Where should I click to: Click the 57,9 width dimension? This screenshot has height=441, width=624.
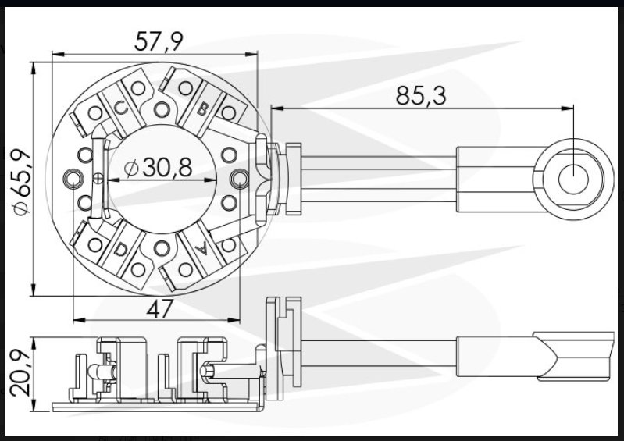159,41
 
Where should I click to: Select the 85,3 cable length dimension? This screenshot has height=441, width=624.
421,96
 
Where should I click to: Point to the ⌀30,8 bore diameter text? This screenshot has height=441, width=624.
158,167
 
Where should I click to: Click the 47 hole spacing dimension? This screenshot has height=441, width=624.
160,309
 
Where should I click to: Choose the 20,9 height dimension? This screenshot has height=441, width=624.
20,373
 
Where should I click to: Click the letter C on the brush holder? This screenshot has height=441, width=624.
121,107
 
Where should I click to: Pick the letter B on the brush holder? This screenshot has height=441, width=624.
203,108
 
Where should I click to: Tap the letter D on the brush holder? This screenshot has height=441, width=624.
119,250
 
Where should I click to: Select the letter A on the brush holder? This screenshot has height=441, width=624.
201,249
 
